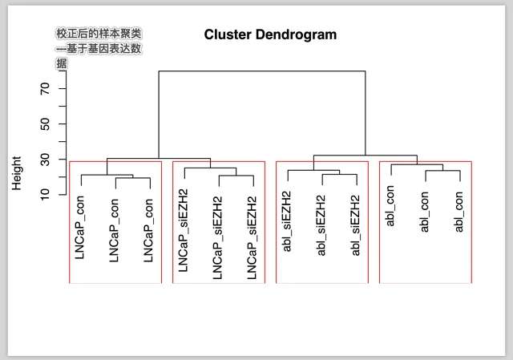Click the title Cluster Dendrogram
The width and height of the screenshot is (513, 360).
pyautogui.click(x=270, y=34)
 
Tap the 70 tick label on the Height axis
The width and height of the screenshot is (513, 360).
pyautogui.click(x=45, y=88)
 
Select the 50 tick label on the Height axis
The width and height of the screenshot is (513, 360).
pyautogui.click(x=45, y=123)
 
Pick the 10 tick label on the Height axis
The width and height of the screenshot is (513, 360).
pyautogui.click(x=45, y=193)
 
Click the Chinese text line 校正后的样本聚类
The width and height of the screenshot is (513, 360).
pyautogui.click(x=99, y=34)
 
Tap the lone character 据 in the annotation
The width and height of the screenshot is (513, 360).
pyautogui.click(x=62, y=63)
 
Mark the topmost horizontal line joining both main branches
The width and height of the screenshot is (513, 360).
pyautogui.click(x=261, y=71)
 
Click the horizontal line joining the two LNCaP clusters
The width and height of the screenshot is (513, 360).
pyautogui.click(x=158, y=159)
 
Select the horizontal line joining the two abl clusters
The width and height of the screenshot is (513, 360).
pyautogui.click(x=365, y=155)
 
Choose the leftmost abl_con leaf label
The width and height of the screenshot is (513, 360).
pyautogui.click(x=390, y=206)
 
